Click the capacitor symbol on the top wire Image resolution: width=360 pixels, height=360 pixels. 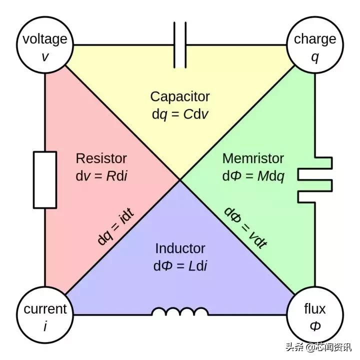tap(180, 45)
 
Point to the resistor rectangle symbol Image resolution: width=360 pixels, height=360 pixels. tap(45, 180)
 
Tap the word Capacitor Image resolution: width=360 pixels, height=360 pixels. tap(180, 96)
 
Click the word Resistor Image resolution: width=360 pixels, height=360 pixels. tap(101, 158)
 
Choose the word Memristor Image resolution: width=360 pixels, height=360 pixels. tap(253, 158)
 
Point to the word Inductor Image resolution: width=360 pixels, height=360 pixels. tap(180, 248)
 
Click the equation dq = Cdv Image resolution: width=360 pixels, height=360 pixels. tap(180, 114)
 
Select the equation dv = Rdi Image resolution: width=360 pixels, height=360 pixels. tap(101, 176)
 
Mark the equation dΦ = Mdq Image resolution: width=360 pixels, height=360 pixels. tap(253, 176)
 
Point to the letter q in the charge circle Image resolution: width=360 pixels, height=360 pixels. tap(314, 57)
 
